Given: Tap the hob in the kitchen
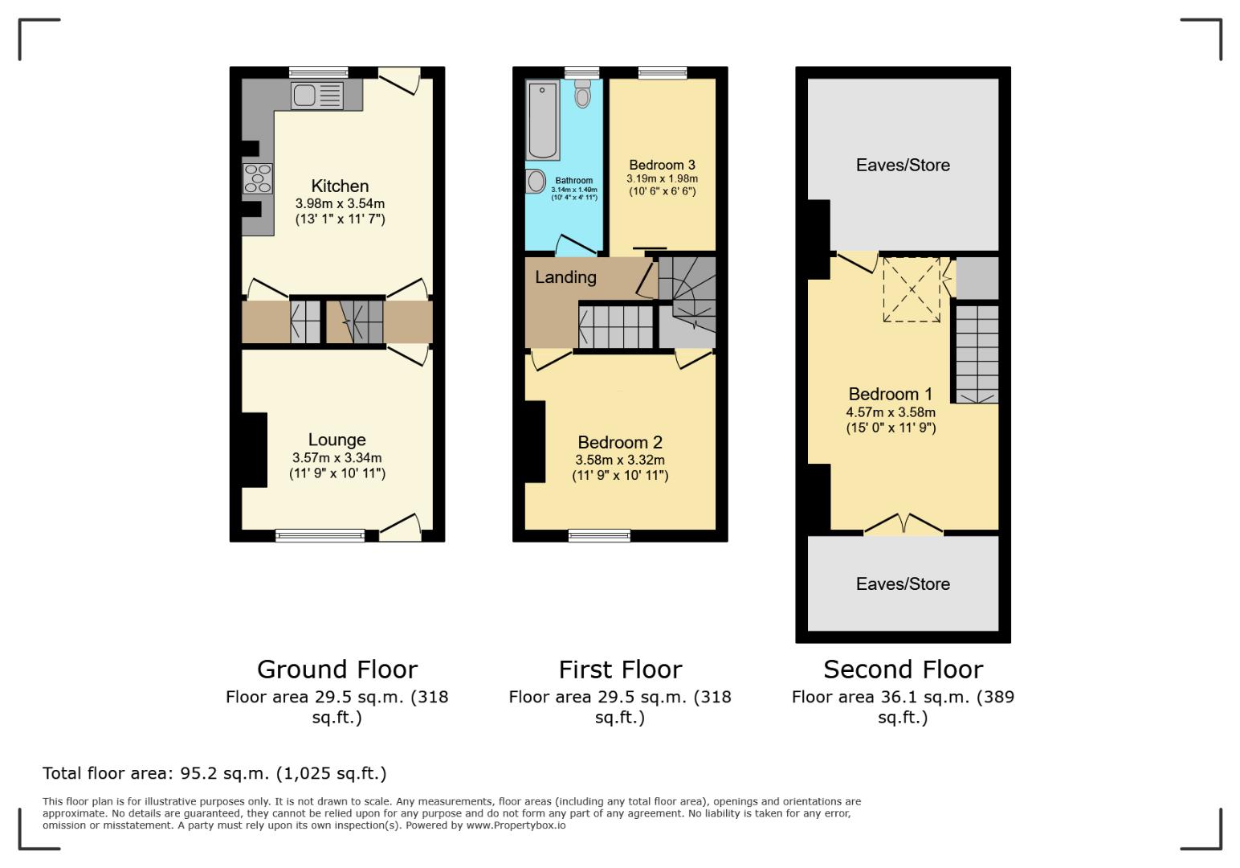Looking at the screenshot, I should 258,178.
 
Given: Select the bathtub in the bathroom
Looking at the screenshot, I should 543,120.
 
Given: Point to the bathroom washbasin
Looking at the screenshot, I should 535,182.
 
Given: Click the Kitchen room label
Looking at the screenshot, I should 340,186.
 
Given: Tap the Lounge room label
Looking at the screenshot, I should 337,440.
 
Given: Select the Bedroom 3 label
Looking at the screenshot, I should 662,165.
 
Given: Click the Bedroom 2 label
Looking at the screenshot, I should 620,442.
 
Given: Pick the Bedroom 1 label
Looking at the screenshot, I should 891,394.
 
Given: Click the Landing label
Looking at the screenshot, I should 565,277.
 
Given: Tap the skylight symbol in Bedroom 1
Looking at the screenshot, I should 912,289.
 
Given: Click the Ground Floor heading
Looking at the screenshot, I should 337,669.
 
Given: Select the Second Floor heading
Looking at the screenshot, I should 903,669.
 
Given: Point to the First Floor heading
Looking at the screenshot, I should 620,669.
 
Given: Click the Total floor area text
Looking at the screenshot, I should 214,773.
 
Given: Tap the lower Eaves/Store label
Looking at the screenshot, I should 903,584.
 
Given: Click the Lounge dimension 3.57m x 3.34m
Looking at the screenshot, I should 337,458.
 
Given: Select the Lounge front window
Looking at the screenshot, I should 320,535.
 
